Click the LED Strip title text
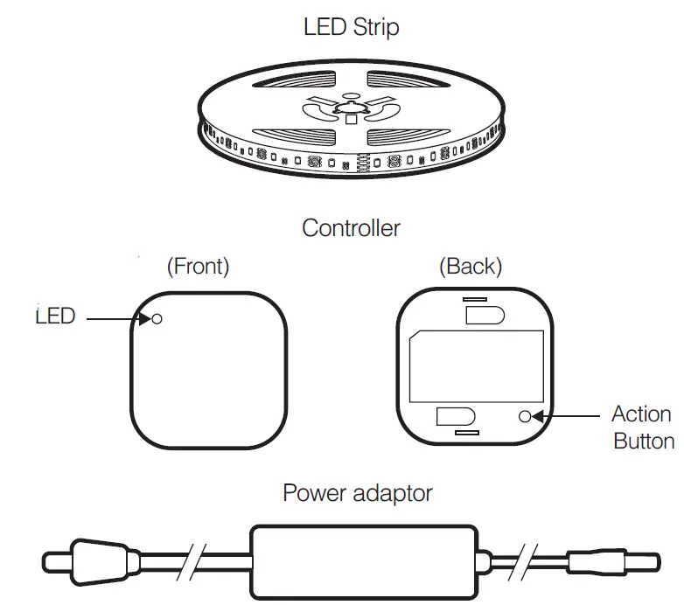tap(351, 27)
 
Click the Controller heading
tap(351, 228)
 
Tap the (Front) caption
tap(198, 267)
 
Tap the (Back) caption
tap(470, 267)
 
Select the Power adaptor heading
tap(357, 493)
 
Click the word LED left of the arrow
tap(55, 316)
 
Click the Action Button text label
tap(643, 427)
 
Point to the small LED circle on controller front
tap(157, 319)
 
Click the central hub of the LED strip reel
tap(350, 112)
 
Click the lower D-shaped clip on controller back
tap(454, 417)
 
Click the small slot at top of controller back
tap(476, 299)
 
